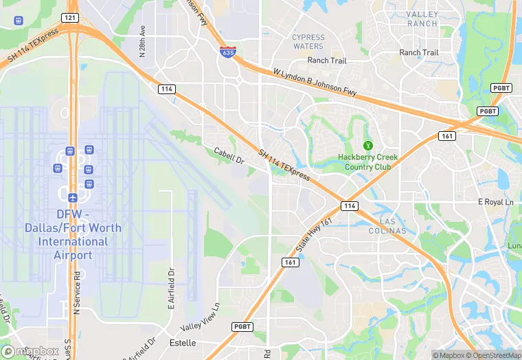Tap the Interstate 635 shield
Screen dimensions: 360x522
(226, 52)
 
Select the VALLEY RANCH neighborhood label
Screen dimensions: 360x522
(422, 19)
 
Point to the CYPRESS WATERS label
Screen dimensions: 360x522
(308, 42)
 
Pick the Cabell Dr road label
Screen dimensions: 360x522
(229, 156)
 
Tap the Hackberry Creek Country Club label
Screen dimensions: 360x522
(367, 161)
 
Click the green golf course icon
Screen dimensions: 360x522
(367, 145)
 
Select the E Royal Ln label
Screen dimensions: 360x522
(495, 202)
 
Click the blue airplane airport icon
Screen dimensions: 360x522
(72, 198)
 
